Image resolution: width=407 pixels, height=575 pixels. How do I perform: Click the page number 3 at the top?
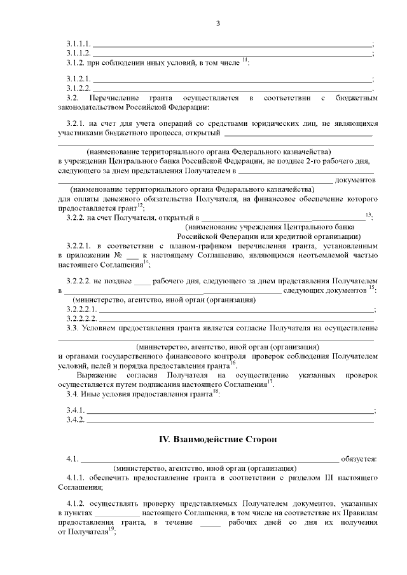coord(217,24)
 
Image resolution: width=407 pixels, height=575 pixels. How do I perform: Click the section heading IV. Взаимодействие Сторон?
coord(217,439)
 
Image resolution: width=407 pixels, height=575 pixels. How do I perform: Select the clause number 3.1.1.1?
coord(79,44)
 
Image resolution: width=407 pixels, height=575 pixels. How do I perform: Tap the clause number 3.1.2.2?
coord(79,88)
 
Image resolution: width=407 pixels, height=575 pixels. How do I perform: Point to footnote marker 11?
coord(245,60)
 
